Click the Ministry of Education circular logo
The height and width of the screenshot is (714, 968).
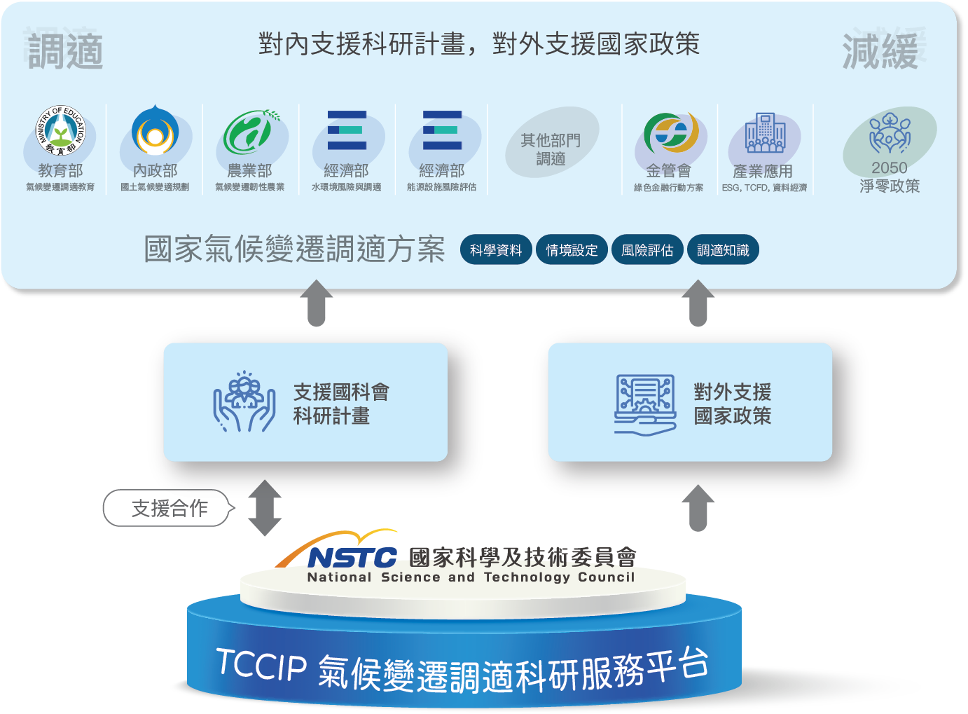click(60, 130)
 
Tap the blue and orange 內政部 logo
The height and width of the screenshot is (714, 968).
click(155, 130)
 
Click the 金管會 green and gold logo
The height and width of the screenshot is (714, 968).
click(671, 132)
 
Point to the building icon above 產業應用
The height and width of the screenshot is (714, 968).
click(766, 132)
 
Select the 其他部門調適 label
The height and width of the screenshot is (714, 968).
click(551, 149)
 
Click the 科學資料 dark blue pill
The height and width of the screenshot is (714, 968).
click(496, 249)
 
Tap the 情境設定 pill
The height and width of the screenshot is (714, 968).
click(572, 249)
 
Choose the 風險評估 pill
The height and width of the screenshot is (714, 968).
click(647, 249)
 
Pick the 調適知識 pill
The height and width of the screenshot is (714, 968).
click(723, 249)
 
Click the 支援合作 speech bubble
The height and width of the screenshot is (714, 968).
click(169, 508)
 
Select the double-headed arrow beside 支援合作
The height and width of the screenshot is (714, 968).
click(265, 508)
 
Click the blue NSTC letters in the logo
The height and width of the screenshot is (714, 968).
click(352, 557)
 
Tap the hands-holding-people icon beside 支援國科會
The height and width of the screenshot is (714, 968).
click(244, 401)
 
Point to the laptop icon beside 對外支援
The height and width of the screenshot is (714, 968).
click(645, 405)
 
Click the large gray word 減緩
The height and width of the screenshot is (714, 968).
click(880, 51)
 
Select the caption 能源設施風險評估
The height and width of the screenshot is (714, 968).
click(442, 187)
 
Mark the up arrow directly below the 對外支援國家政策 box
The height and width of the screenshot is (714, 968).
click(698, 508)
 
